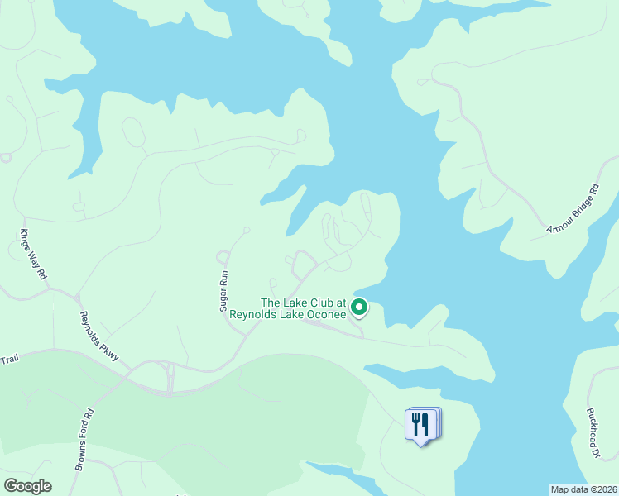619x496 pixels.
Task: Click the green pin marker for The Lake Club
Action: (359, 308)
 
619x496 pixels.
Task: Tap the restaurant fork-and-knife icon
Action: (421, 425)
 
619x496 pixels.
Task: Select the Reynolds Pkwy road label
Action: (99, 336)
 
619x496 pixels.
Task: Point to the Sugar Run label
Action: (223, 293)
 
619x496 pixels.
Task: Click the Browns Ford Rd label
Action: (85, 440)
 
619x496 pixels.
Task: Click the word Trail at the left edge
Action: (9, 358)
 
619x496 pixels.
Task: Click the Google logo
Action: (27, 486)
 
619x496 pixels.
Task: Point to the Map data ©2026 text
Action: (584, 489)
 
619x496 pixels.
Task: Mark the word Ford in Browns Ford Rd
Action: (86, 435)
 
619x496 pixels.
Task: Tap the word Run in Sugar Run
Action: (223, 280)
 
